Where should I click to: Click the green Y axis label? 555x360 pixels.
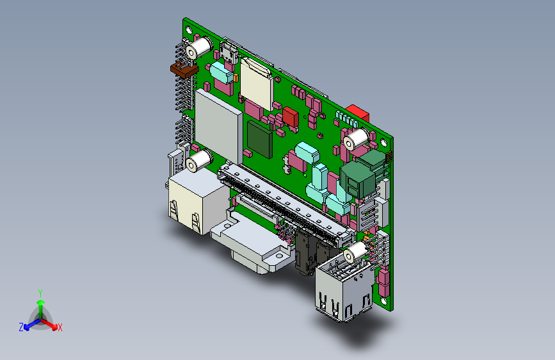click(x=40, y=293)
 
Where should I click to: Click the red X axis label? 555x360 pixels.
click(x=60, y=327)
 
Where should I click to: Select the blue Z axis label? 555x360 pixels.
click(x=21, y=327)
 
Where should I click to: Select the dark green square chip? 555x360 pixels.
click(x=260, y=139)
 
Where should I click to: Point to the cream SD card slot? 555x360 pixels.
click(x=257, y=84)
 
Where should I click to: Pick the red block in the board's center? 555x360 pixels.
click(x=291, y=117)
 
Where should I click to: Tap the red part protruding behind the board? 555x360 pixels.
click(x=358, y=112)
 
